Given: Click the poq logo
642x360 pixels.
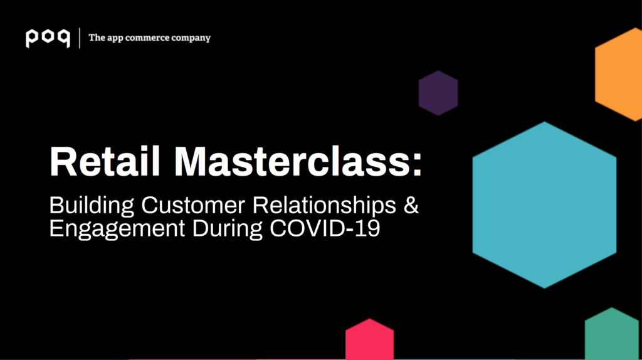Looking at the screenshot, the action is click(48, 38).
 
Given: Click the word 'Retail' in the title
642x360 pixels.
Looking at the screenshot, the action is click(105, 161).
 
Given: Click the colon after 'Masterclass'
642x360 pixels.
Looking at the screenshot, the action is click(417, 166).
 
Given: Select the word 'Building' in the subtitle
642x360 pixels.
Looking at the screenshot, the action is click(92, 206).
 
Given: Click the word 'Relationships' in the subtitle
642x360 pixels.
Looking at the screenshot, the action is click(324, 206).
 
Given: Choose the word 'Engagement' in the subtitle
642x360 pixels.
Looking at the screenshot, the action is click(117, 229).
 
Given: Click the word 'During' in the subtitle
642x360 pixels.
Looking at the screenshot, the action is click(227, 229).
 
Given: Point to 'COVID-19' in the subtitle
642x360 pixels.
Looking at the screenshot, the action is click(325, 228).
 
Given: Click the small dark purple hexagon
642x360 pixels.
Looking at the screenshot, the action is click(438, 93).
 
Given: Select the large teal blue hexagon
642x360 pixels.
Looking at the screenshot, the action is click(545, 205).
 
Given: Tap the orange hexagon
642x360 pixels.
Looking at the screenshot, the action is click(619, 75).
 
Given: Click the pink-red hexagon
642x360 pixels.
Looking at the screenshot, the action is click(370, 339).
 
